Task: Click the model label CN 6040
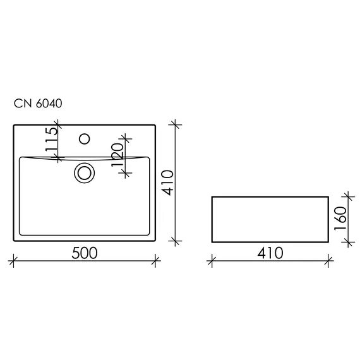pos(37,104)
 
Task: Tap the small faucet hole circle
pos(83,137)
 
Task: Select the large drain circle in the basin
pos(83,172)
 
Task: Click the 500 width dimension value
pos(84,253)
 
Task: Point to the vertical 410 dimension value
pos(167,183)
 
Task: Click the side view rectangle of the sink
pos(270,218)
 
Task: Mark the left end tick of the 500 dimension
pos(14,259)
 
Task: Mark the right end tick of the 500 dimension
pos(155,259)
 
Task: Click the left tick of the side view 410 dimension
pos(212,259)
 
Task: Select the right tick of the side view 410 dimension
pos(328,259)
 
